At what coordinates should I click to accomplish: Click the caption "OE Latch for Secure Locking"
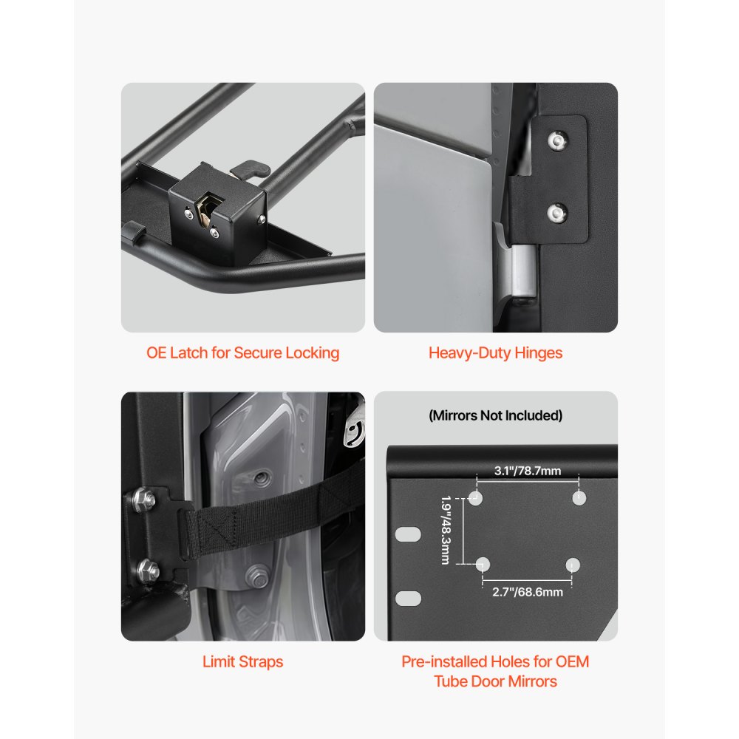(242, 353)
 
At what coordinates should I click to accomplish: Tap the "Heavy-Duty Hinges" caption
(495, 353)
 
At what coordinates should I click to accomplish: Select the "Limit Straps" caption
(242, 661)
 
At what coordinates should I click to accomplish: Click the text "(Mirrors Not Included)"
(495, 415)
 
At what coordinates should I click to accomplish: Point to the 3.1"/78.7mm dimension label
(527, 471)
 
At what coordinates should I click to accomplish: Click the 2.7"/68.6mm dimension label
(528, 592)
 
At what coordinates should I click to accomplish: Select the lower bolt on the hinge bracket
(554, 214)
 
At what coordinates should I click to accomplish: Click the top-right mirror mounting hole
(578, 497)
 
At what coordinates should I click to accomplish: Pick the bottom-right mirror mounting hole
(572, 565)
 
